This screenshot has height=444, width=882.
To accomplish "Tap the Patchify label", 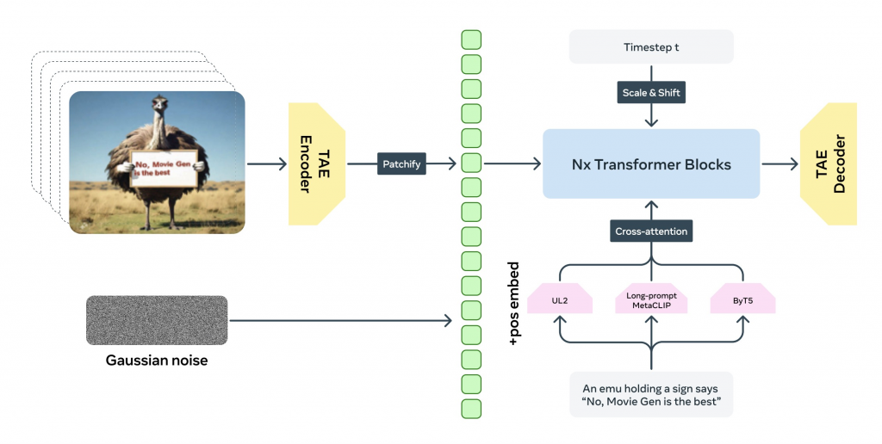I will click(402, 163).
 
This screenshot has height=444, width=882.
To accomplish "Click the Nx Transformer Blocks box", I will click(651, 163).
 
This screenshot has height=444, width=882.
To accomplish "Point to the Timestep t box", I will click(651, 46).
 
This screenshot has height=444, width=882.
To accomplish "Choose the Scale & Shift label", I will click(651, 92).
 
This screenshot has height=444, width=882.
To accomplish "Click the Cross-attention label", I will click(651, 231).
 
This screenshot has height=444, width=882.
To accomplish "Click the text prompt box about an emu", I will click(651, 394).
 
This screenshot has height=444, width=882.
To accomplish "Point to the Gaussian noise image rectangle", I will click(157, 321).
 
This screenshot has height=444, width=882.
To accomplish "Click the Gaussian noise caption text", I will click(157, 361).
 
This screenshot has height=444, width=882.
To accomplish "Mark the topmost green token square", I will click(471, 40).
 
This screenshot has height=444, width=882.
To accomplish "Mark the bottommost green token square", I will click(471, 409).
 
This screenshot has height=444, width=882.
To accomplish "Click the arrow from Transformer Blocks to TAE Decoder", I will click(779, 163).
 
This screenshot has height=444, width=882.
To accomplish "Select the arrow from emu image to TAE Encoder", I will click(267, 163).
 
